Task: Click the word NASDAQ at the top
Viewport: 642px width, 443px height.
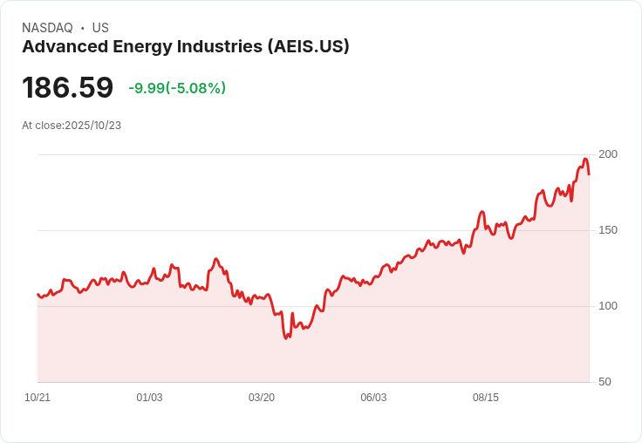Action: click(47, 28)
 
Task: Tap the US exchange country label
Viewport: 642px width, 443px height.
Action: click(100, 28)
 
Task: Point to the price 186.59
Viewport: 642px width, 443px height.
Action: click(67, 88)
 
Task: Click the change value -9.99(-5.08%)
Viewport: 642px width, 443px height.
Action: click(177, 88)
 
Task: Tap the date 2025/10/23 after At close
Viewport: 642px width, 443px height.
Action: click(92, 126)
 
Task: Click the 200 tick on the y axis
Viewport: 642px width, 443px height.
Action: click(608, 154)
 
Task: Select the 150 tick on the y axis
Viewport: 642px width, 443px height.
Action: click(608, 230)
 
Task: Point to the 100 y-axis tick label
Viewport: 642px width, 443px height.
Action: click(608, 306)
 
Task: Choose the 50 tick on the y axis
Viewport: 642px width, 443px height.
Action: click(604, 382)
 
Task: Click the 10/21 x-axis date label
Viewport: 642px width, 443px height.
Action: click(38, 398)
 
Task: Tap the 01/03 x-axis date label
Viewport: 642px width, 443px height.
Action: click(149, 398)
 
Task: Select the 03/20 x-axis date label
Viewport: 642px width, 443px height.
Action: click(262, 398)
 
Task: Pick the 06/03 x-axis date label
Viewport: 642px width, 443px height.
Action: click(373, 398)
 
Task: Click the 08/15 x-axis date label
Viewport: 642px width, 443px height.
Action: click(486, 398)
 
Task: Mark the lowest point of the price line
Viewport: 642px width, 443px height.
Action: click(286, 337)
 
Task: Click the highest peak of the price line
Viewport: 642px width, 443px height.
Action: click(585, 160)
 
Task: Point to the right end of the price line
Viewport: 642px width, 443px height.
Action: click(589, 174)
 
